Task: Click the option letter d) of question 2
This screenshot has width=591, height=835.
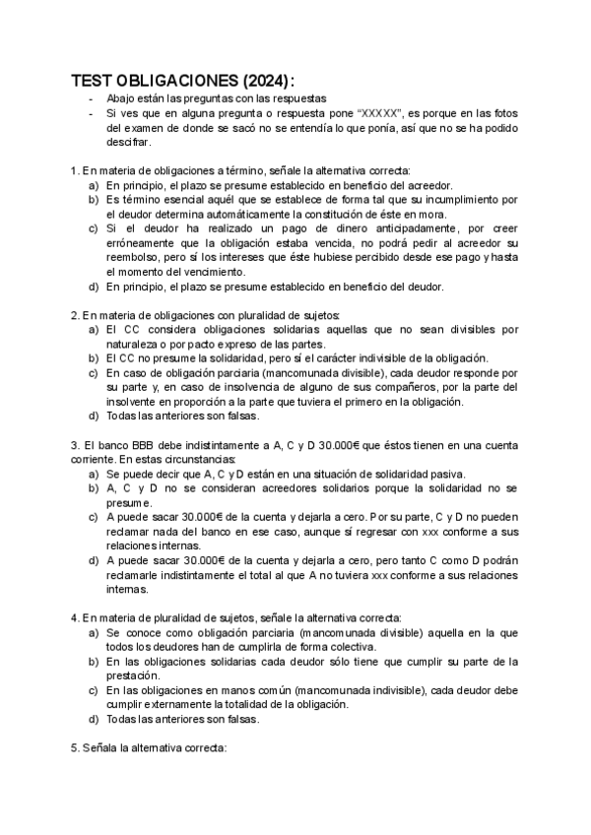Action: (x=94, y=417)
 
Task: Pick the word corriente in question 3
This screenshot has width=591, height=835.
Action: (x=95, y=459)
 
